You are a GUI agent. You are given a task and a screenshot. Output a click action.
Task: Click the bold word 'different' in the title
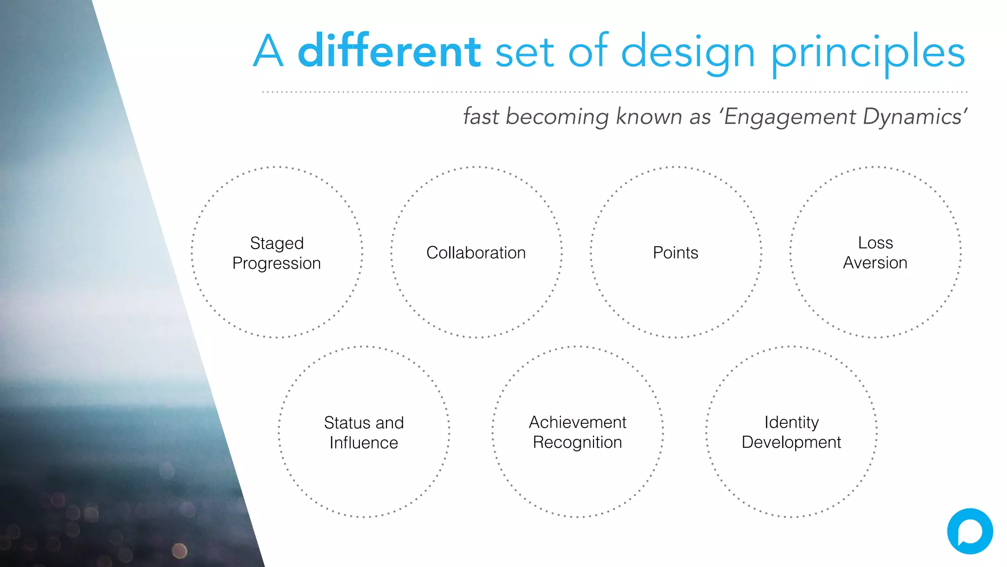[x=389, y=51]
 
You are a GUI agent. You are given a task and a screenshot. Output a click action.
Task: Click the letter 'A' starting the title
[x=268, y=51]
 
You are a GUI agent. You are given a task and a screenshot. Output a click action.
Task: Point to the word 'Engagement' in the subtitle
[x=790, y=117]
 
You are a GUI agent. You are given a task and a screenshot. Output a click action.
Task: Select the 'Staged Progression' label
[x=277, y=253]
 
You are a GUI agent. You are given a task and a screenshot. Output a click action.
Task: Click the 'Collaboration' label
[x=476, y=252]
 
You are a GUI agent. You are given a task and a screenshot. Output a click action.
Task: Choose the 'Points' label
[x=676, y=252]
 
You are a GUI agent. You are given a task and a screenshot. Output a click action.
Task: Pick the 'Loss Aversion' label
[x=875, y=252]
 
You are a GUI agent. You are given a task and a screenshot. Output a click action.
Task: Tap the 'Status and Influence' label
[x=364, y=433]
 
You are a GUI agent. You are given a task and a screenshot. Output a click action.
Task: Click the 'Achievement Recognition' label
[x=578, y=432]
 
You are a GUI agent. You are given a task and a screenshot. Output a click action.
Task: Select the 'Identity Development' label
[x=792, y=432]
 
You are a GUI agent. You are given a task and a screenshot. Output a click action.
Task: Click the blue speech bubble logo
[x=970, y=532]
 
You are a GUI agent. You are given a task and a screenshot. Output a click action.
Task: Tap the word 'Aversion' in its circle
[x=875, y=263]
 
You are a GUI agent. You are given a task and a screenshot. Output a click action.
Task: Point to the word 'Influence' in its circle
[x=364, y=443]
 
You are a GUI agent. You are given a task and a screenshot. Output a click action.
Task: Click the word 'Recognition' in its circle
[x=578, y=442]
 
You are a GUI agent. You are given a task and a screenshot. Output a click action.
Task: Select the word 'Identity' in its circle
[x=792, y=422]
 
